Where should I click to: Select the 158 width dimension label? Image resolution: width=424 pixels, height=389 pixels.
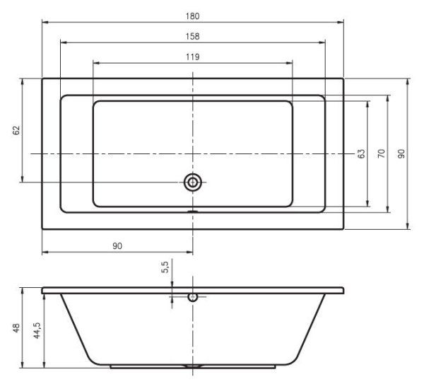click(x=193, y=35)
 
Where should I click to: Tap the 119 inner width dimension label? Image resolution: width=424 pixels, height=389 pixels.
click(x=193, y=57)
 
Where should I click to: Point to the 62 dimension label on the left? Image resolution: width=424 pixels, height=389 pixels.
click(x=16, y=130)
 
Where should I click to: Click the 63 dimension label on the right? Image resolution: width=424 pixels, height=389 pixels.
click(x=360, y=153)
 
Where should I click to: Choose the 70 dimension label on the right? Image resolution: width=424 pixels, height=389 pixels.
click(x=380, y=153)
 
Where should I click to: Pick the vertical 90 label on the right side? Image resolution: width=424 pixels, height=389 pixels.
click(x=401, y=153)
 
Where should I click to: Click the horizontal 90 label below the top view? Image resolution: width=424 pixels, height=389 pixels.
click(x=118, y=245)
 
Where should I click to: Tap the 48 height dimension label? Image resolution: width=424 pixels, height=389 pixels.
click(x=16, y=328)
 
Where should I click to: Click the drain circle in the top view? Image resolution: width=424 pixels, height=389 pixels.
click(x=192, y=182)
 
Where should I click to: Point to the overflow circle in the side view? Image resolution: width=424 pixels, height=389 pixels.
click(x=192, y=297)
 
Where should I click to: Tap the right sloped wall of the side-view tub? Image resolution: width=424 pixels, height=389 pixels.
click(x=310, y=329)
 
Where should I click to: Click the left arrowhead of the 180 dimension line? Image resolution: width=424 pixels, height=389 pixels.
click(x=45, y=22)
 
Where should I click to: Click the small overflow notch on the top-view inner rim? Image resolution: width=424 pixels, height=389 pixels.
click(x=192, y=210)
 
